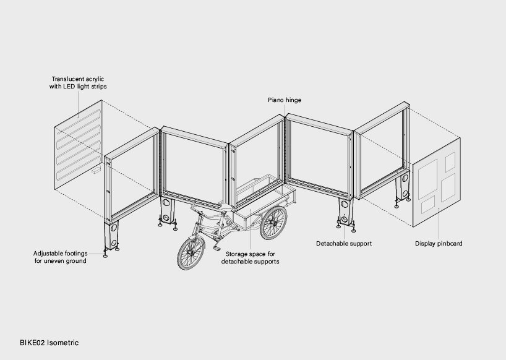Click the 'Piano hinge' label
click(285, 100)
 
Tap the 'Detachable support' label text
click(344, 244)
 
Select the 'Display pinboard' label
click(439, 244)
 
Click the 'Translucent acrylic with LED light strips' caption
click(78, 83)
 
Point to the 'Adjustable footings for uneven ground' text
click(61, 257)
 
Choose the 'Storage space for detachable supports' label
click(250, 258)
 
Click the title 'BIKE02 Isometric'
click(49, 343)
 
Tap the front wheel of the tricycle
click(191, 253)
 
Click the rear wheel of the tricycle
click(273, 223)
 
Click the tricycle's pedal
click(217, 249)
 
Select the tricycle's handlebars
click(197, 210)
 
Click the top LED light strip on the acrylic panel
click(79, 122)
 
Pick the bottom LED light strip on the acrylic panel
click(79, 168)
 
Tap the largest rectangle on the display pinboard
click(427, 179)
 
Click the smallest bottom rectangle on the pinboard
click(428, 205)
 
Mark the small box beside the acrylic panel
click(96, 170)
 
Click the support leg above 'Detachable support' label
click(345, 212)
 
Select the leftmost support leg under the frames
click(111, 235)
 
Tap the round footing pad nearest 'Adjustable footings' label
click(105, 256)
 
